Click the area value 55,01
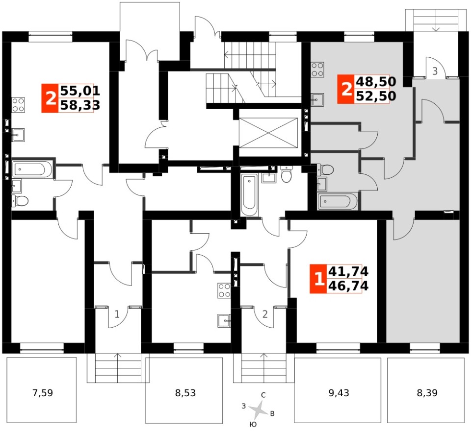point(79,91)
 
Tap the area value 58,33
point(79,104)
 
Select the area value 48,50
point(376,82)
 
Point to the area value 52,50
point(376,96)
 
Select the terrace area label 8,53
point(184,392)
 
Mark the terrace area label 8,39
point(425,392)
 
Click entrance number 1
point(117,314)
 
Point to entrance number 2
point(264,314)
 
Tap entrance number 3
point(435,72)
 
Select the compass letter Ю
point(253,424)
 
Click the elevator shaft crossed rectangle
point(269,132)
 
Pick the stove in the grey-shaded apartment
point(317,70)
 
